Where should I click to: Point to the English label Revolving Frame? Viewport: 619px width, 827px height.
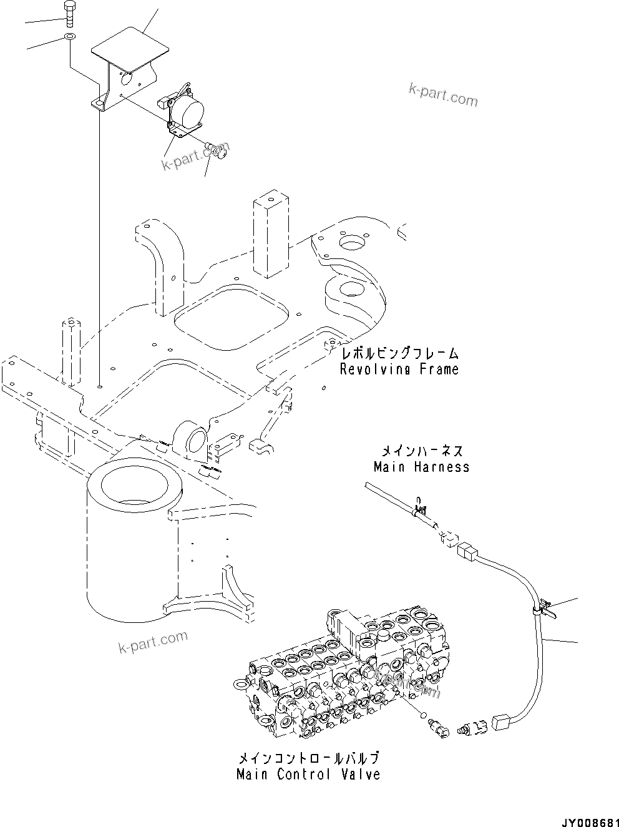399,369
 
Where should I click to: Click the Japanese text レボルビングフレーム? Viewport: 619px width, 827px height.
399,354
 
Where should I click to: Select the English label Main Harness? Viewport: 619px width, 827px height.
421,466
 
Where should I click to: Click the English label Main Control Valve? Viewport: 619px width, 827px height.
308,775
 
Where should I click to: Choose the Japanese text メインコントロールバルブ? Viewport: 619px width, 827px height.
308,759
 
